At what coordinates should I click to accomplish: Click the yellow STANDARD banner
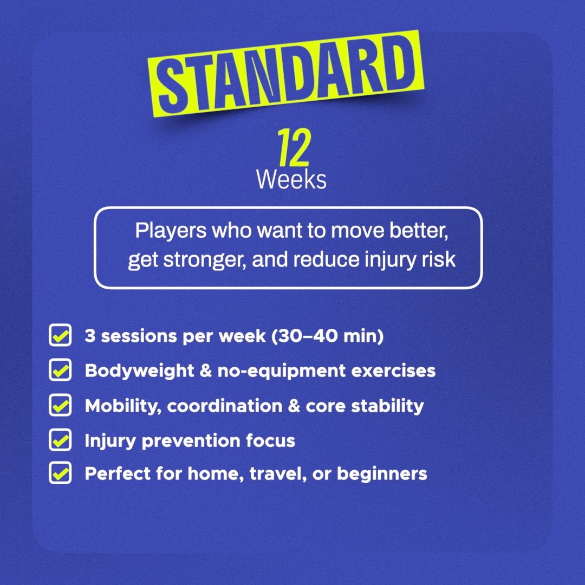pos(286,74)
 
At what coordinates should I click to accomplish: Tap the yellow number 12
pos(294,147)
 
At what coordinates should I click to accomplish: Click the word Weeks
pos(291,180)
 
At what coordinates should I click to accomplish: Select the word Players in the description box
pos(171,230)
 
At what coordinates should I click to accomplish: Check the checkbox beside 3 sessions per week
pos(60,335)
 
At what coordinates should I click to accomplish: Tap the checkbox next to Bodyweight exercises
pos(60,370)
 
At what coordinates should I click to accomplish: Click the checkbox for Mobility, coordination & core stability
pos(60,405)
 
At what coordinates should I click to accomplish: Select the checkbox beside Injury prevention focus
pos(60,440)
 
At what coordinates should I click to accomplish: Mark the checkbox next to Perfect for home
pos(60,473)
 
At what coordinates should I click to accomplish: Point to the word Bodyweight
pos(139,371)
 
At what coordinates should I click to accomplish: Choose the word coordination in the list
pos(225,406)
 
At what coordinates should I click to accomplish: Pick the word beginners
pos(382,474)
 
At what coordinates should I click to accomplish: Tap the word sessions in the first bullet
pos(139,336)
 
